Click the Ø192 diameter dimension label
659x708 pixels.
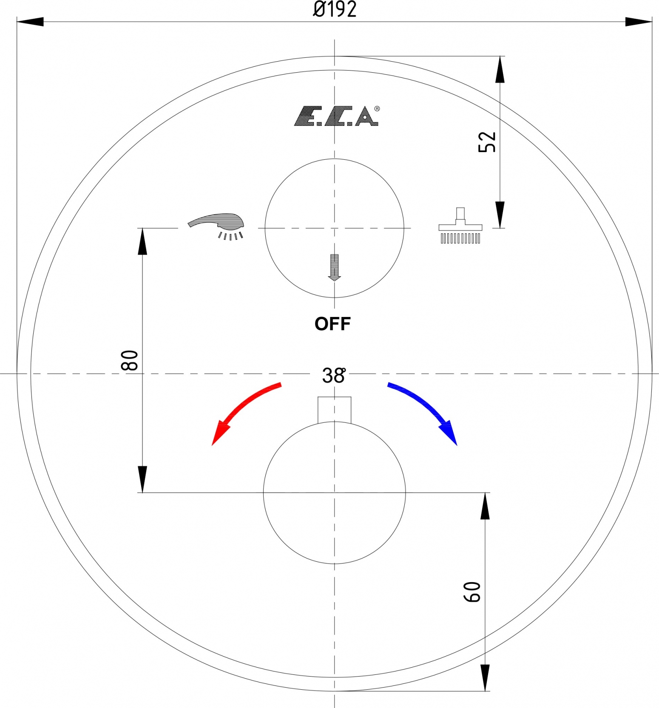335,9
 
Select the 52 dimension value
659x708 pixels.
487,142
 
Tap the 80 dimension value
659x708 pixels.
130,360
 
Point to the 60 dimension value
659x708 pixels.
472,592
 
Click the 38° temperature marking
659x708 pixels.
334,376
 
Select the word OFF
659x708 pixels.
332,324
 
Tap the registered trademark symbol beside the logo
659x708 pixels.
377,109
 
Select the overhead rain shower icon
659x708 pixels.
460,226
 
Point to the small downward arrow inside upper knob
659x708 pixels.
335,267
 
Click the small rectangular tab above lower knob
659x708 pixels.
335,410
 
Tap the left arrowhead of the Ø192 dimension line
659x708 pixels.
30,22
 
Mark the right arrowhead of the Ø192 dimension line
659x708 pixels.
639,22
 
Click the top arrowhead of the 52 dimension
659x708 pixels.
500,69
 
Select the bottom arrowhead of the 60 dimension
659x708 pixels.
485,678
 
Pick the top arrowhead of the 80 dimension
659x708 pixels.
142,241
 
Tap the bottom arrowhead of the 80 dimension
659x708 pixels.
142,479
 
